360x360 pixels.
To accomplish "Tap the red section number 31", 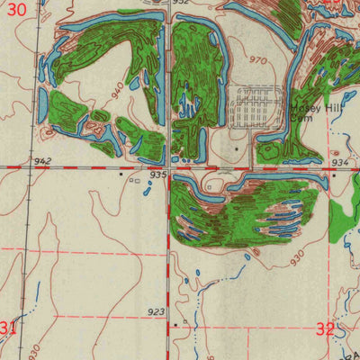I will click(x=8, y=327).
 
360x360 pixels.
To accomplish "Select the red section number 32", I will click(x=326, y=329).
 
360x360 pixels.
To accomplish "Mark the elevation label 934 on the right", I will click(x=339, y=163).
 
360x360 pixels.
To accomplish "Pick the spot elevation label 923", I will click(x=156, y=311).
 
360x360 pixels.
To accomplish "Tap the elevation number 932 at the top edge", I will click(x=181, y=4).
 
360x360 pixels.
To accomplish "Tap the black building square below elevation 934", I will click(x=334, y=175).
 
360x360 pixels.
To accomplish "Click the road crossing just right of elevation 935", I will click(x=169, y=168).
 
